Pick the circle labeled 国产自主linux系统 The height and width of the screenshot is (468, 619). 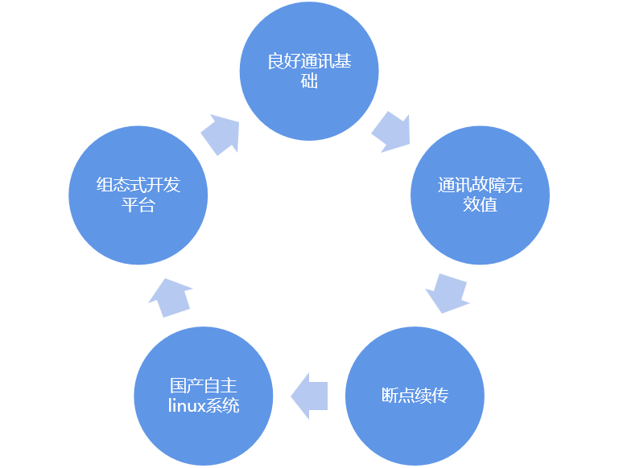point(204,395)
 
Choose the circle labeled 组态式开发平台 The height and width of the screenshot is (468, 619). point(138,195)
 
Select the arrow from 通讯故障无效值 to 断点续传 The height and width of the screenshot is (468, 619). point(448,293)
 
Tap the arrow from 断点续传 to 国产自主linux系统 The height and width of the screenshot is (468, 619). point(309,395)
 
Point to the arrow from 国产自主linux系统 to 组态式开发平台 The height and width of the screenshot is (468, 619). point(171,297)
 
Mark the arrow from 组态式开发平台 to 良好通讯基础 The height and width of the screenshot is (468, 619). point(221,133)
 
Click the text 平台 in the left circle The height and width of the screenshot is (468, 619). point(138,205)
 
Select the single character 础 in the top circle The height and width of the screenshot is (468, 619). point(309,81)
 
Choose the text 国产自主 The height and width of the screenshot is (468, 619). point(204,385)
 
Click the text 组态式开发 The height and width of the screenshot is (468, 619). point(138,186)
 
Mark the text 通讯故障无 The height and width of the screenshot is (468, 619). point(481,186)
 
